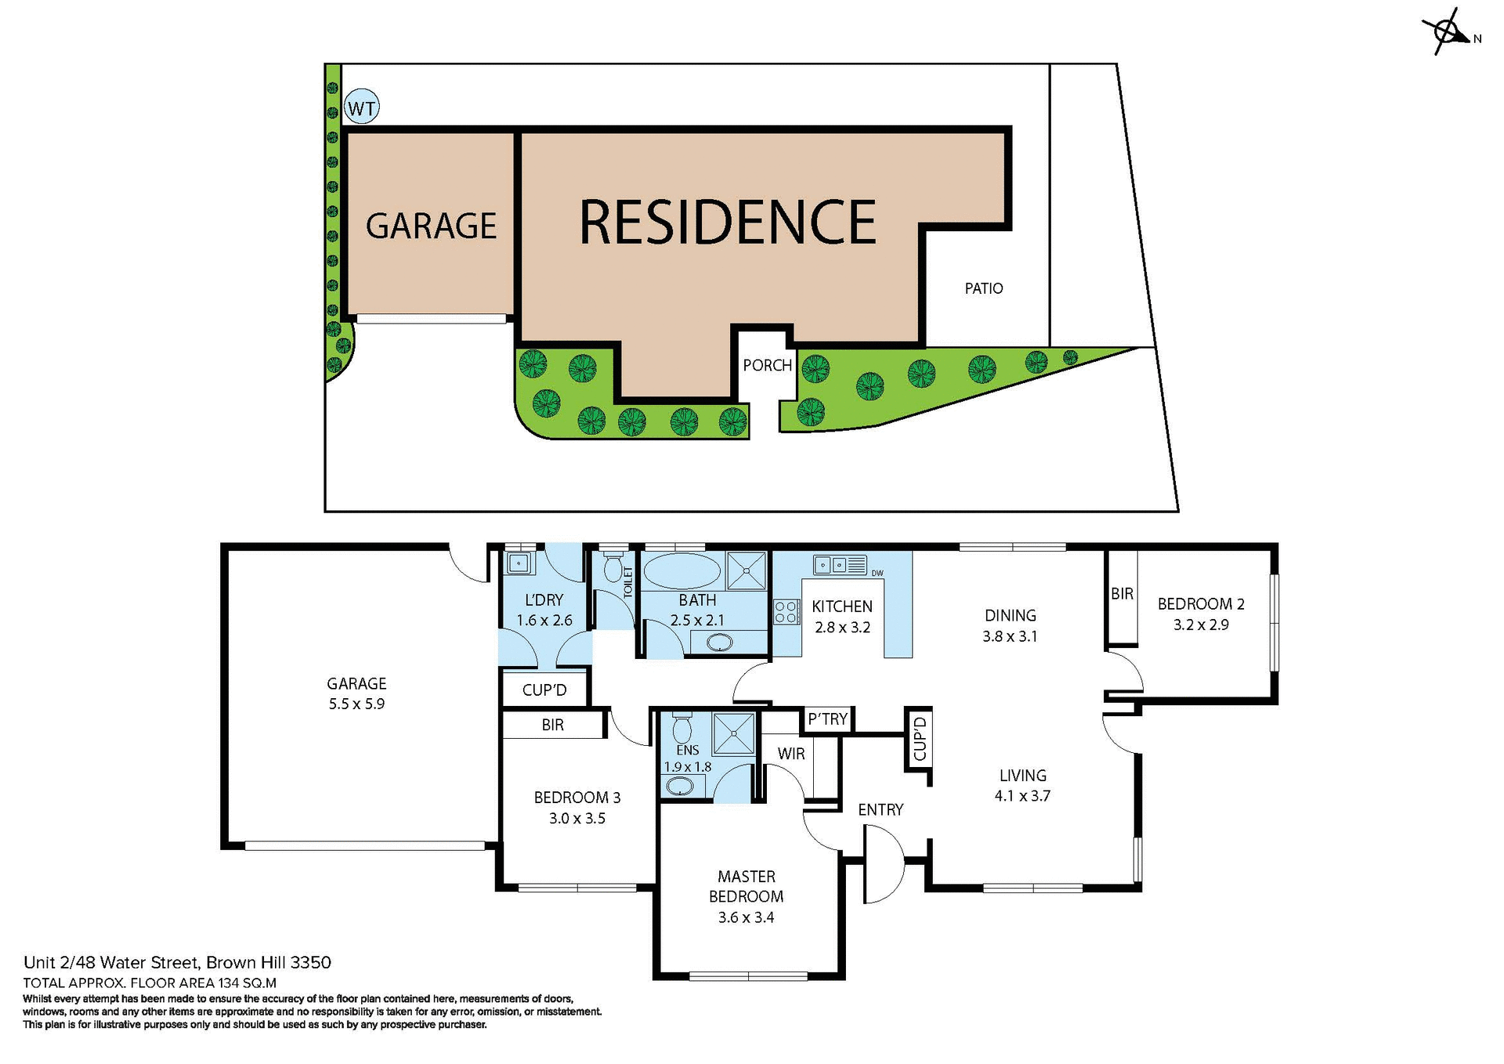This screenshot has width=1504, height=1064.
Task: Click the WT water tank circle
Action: tap(361, 107)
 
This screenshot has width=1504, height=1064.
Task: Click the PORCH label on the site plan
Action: tap(767, 365)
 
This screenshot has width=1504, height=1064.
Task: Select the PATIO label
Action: tap(983, 288)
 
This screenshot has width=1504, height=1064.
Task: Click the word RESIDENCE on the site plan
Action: tap(727, 222)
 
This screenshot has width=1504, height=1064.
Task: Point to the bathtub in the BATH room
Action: tap(681, 571)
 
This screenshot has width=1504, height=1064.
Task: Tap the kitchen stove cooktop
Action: tap(786, 612)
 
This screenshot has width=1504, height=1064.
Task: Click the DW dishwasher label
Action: tap(877, 574)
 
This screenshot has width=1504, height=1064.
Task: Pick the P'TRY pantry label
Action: tap(828, 718)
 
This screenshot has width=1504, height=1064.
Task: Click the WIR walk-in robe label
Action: tap(791, 754)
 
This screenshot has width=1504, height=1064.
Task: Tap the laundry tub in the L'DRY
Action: tap(518, 563)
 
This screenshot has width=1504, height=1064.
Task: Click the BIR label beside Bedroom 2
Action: tap(1122, 594)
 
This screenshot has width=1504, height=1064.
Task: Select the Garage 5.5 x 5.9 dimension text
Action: tap(356, 704)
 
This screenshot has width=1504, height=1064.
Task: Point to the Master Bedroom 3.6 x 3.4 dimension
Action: tap(746, 917)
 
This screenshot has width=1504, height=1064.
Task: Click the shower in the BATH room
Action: tap(746, 570)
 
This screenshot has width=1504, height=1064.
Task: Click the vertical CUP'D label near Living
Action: tap(920, 739)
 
